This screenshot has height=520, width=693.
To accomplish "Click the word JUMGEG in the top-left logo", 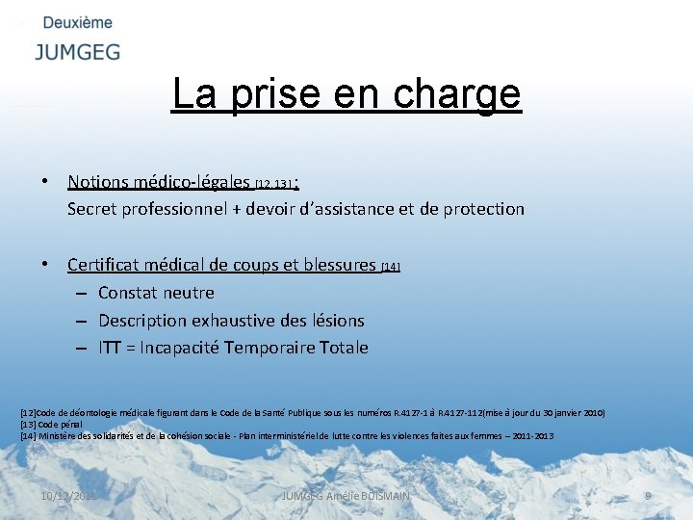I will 78,52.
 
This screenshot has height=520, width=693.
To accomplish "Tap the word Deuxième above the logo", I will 78,22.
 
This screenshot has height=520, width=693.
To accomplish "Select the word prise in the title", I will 269,94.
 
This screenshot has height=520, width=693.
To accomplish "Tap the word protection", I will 484,209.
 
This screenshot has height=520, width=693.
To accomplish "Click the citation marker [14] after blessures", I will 391,267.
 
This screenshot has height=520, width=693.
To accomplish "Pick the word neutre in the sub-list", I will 188,293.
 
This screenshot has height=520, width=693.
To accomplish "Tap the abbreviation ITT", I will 111,348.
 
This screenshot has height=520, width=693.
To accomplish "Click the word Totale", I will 341,348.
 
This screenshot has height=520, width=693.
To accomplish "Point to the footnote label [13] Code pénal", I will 51,424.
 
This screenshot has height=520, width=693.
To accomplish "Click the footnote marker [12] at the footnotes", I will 27,412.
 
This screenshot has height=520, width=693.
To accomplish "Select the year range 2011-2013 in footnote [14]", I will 531,436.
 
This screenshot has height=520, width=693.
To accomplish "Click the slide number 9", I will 648,495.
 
